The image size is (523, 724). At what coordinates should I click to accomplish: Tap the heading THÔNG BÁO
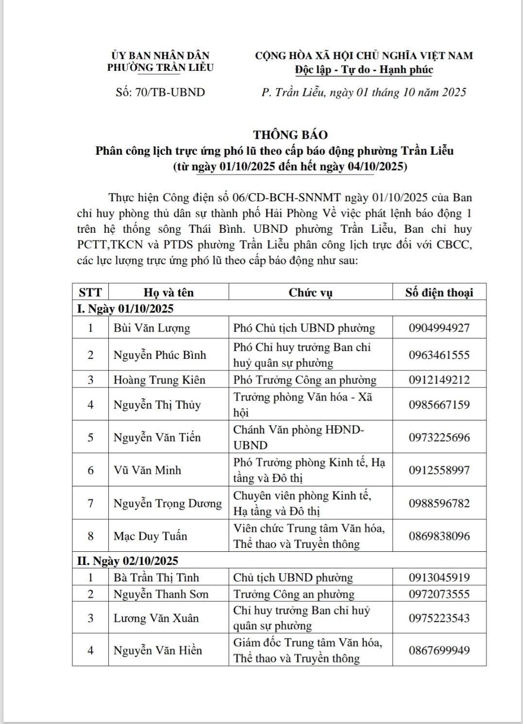point(290,134)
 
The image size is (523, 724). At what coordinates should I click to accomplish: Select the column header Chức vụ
point(310,292)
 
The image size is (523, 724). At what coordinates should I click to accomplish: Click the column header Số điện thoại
point(439,292)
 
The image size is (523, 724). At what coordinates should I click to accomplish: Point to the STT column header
point(90,292)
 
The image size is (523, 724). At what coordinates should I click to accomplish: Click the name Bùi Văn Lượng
point(152,328)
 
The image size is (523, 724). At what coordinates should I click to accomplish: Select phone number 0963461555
point(439,355)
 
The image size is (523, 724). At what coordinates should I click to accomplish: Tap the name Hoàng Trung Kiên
point(159,380)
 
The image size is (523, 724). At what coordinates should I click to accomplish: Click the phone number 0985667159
point(439,404)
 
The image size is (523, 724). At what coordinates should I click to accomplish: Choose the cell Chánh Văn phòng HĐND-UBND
point(298,437)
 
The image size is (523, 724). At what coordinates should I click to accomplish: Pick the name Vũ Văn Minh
point(147,470)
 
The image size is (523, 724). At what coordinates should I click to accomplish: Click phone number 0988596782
point(439,503)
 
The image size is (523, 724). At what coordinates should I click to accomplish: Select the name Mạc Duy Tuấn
point(150,536)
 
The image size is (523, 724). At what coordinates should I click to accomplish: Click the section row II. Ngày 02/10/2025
point(128,561)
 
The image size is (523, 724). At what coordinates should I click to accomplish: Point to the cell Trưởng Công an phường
point(293,594)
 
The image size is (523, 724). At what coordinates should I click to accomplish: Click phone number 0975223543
point(439,618)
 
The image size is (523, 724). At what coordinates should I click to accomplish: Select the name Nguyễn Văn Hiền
point(157,650)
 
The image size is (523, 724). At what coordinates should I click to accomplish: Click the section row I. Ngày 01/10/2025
point(125,308)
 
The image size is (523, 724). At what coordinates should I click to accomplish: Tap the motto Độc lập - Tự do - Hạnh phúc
point(364,70)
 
